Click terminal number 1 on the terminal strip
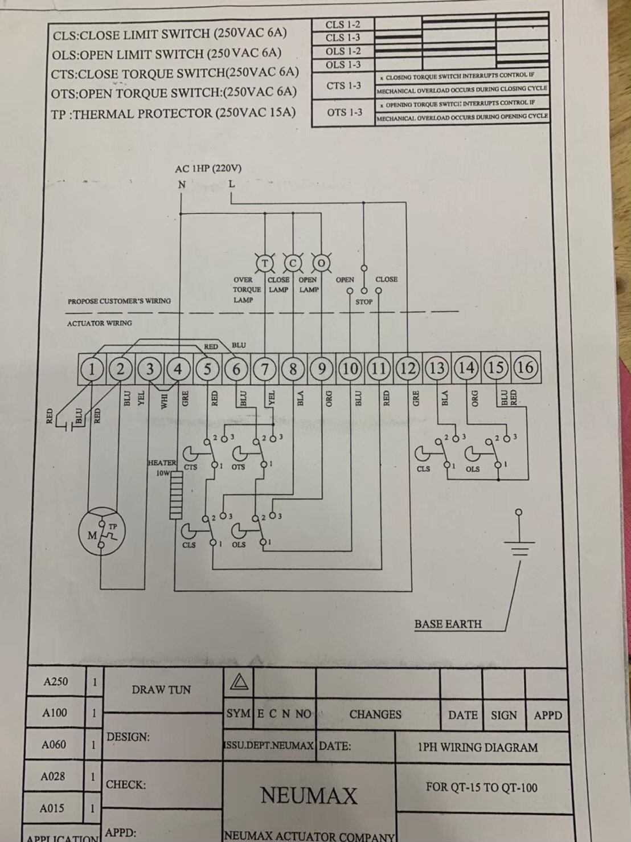92,369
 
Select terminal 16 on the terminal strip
525,367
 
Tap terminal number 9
322,369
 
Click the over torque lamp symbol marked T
264,263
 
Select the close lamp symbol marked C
293,263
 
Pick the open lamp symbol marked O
322,263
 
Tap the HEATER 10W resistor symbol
176,494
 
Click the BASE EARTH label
448,624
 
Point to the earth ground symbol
518,547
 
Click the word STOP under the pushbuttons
364,302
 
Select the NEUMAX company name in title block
309,795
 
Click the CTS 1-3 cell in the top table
343,86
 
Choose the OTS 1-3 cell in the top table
345,112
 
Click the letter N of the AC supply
182,185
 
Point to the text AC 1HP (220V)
208,169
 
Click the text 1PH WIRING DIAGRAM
477,747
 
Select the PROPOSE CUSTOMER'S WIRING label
119,301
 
